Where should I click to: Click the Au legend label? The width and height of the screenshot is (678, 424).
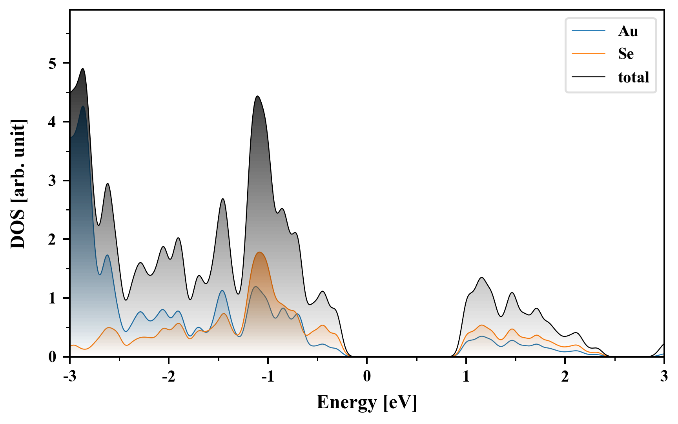(628, 31)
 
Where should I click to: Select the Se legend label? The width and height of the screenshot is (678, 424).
(626, 54)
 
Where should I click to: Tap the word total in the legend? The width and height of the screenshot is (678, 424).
(634, 77)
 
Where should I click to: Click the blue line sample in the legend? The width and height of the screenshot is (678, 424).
(589, 31)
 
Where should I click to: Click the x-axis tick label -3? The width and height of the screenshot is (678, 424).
(69, 376)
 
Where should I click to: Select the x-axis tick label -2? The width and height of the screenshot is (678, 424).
(168, 376)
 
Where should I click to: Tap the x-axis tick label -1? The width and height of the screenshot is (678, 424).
(267, 376)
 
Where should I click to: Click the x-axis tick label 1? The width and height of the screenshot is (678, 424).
(466, 376)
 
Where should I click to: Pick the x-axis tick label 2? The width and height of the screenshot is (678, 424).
(565, 376)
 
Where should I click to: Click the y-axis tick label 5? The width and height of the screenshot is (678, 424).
(53, 63)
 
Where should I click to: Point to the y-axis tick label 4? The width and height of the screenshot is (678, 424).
(53, 122)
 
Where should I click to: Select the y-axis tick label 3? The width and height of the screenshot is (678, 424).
(53, 181)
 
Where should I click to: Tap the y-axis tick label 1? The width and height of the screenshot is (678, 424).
(53, 298)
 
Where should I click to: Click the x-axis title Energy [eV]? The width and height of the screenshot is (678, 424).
(366, 402)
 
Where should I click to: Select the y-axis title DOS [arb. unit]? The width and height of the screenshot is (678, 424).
(18, 183)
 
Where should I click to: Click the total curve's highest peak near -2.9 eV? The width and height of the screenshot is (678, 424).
(82, 69)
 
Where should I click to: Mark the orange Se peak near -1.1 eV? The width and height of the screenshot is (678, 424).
(259, 252)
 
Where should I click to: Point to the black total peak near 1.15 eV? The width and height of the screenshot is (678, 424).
(481, 278)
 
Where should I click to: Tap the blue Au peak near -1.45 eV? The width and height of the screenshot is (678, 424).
(222, 291)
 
